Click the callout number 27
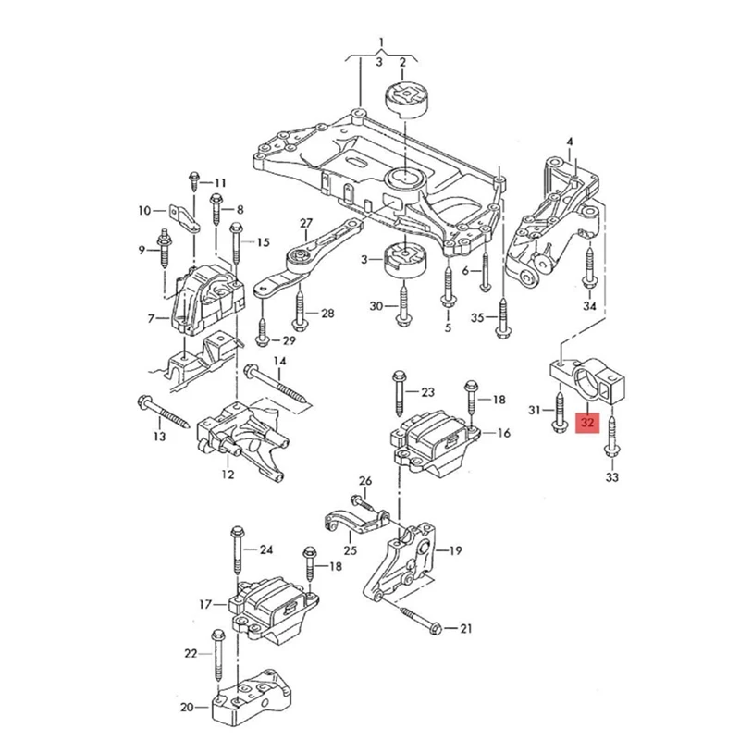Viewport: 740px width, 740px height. [x=306, y=222]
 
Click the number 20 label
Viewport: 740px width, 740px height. [x=188, y=708]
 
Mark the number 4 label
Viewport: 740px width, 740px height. [x=570, y=141]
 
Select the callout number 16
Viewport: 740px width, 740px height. [x=503, y=433]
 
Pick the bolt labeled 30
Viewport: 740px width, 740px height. [x=403, y=306]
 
